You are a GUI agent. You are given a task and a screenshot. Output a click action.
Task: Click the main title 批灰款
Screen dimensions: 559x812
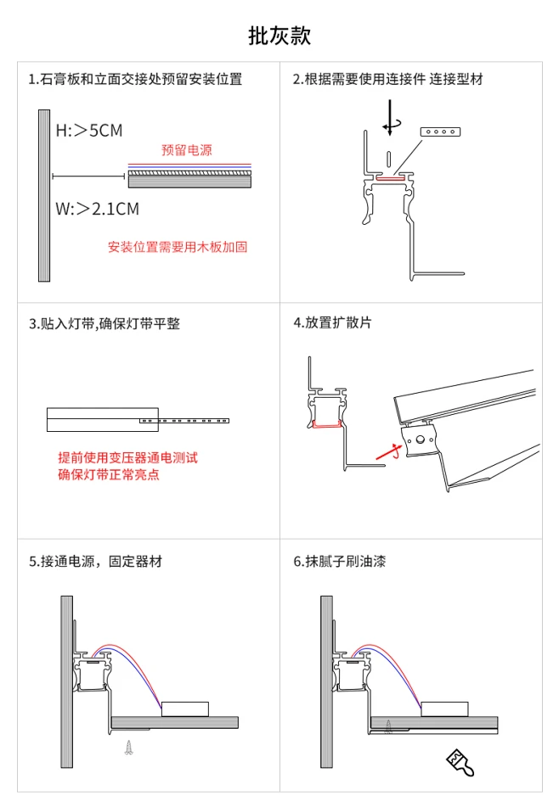[279, 36]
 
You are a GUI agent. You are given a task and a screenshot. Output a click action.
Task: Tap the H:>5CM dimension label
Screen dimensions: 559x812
[89, 131]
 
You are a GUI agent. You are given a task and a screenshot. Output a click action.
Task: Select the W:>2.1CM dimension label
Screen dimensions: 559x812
[98, 210]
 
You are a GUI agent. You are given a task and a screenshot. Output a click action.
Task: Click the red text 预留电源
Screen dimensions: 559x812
[187, 150]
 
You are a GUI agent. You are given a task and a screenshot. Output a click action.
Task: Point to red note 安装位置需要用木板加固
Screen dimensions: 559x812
[178, 247]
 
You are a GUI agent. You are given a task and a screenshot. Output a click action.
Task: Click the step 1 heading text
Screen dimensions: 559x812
[135, 79]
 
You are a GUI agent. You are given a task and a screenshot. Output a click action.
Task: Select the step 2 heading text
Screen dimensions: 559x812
[388, 79]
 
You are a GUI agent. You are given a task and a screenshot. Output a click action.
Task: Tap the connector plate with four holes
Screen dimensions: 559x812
[440, 132]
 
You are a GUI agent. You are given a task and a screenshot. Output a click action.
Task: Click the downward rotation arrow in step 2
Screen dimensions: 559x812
[390, 118]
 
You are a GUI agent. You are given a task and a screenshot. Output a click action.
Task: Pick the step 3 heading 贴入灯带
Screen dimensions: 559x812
[104, 323]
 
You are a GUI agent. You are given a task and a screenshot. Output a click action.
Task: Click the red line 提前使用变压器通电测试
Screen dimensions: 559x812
[127, 458]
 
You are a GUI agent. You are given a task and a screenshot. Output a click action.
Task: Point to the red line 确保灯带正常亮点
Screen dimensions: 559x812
[109, 474]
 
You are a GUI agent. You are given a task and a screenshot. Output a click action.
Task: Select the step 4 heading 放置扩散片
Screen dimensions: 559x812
[332, 322]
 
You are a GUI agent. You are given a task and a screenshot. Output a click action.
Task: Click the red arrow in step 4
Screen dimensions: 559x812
[388, 452]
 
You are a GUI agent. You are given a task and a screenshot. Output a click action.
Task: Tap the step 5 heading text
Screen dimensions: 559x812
[95, 562]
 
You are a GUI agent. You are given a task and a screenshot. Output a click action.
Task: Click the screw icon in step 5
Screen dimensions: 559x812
[129, 747]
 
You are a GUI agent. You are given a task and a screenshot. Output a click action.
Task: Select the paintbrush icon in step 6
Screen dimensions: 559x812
[460, 762]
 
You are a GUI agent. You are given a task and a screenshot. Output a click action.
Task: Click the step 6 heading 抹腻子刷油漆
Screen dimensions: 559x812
[340, 562]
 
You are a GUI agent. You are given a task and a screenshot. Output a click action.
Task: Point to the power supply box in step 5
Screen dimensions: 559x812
[185, 709]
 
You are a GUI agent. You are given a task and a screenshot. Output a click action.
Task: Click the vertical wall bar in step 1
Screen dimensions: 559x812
[44, 196]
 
